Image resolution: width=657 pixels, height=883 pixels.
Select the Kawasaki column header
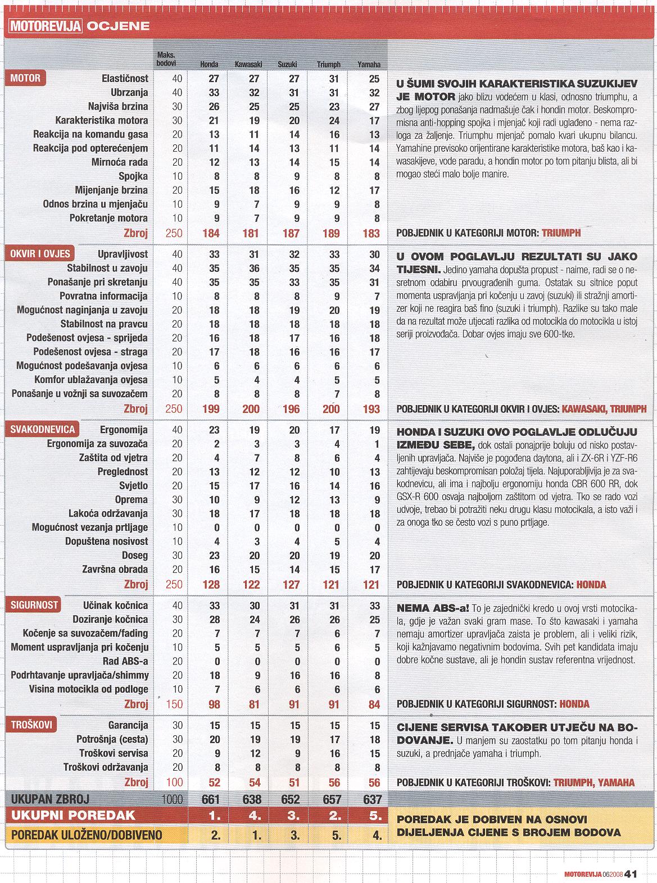248,64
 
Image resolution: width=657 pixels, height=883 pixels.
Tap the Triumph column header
328,64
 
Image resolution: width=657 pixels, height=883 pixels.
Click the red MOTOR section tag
25,78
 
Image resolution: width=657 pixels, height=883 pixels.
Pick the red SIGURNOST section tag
34,604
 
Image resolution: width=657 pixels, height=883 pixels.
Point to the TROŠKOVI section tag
31,725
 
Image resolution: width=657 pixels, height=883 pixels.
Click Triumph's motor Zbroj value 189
331,233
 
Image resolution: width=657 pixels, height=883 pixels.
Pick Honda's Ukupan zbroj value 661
210,799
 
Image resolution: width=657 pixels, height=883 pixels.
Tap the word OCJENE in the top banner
118,25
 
